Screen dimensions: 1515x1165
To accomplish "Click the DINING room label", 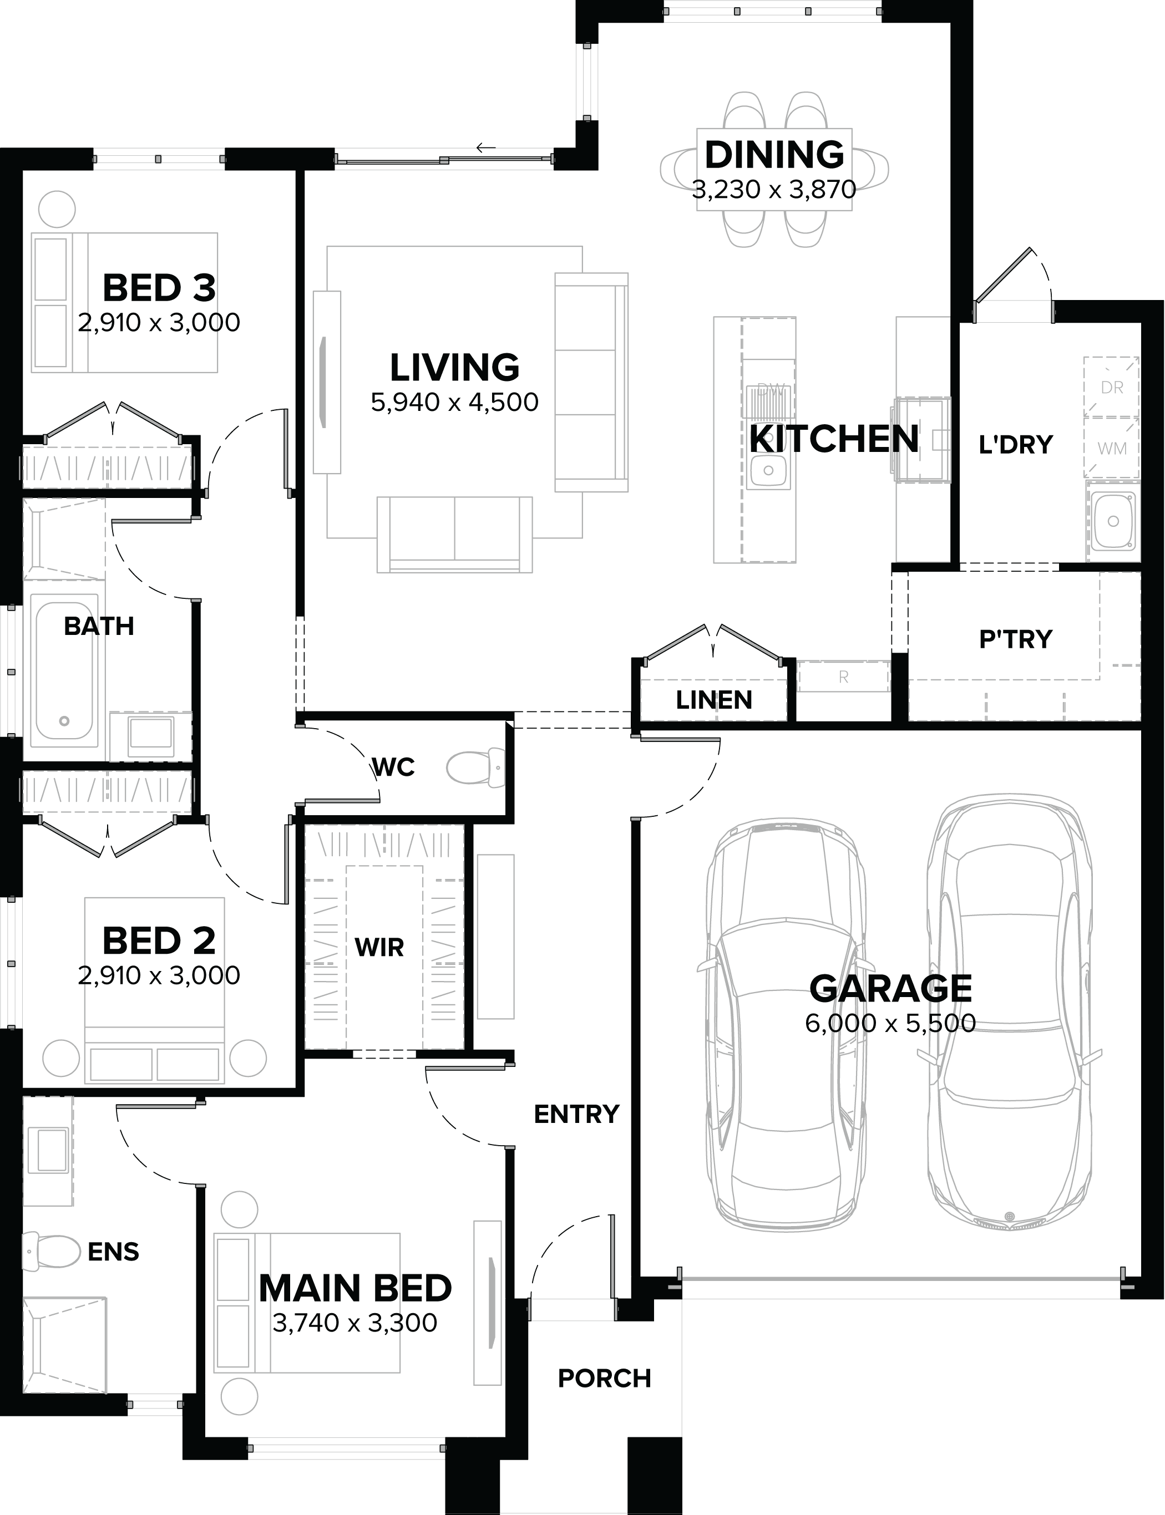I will coord(774,155).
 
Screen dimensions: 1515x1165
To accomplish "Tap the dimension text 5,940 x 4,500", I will coord(454,402).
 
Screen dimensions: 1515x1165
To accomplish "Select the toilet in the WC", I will coord(477,767).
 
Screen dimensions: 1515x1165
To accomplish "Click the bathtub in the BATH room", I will coord(64,671).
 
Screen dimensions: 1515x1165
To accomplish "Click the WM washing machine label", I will coord(1112,449).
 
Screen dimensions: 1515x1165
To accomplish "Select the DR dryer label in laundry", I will coord(1112,388).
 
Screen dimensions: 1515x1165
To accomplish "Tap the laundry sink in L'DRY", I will coord(1113,521).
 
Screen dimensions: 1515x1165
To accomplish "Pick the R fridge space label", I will coord(843,677).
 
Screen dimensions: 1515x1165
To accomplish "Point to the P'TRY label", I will coord(1015,638).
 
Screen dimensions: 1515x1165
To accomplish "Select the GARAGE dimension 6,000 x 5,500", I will coord(890,1023).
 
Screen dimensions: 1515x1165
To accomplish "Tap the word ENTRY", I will coord(576,1114).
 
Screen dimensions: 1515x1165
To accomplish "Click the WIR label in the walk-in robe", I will coord(378,947).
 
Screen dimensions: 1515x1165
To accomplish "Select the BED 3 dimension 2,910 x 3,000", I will coord(159,322).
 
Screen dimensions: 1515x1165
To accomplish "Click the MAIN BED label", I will coord(355,1288).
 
